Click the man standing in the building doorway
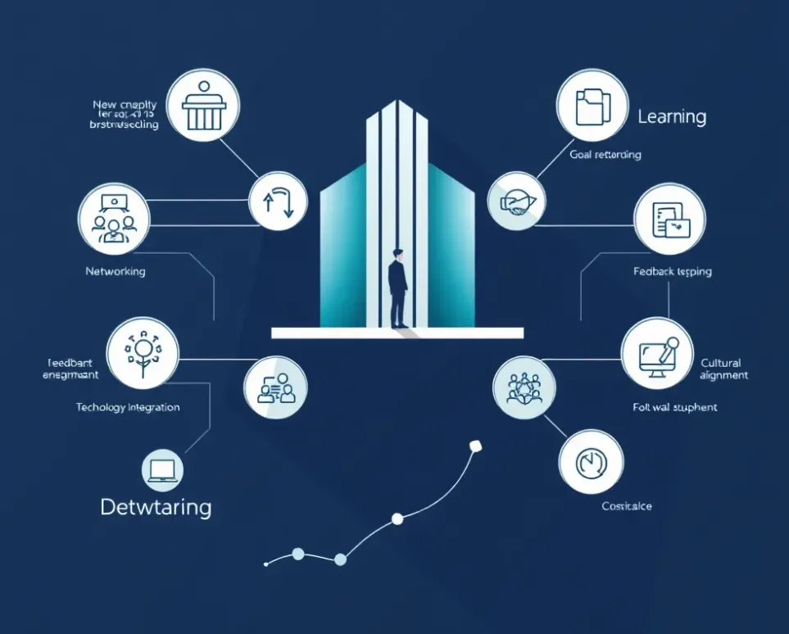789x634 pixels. (398, 289)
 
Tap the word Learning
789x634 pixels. (672, 116)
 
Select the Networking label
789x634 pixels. (115, 271)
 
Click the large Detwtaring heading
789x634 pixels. (156, 507)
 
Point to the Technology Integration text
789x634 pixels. (128, 407)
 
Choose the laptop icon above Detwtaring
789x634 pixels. (162, 469)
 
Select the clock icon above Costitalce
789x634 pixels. (589, 464)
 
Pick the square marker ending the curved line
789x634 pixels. (474, 446)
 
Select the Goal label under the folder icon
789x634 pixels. (605, 154)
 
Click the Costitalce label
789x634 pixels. (626, 506)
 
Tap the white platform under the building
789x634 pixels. (397, 333)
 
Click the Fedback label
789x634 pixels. (673, 271)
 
